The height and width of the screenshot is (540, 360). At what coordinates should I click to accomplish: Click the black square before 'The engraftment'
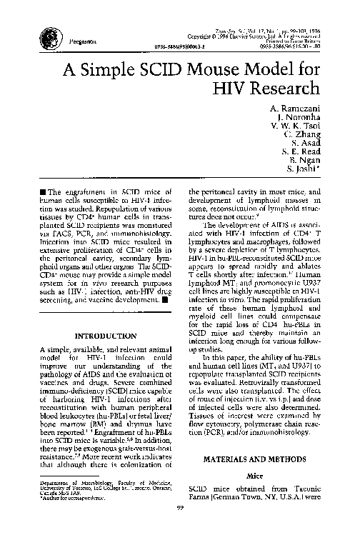point(44,191)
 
